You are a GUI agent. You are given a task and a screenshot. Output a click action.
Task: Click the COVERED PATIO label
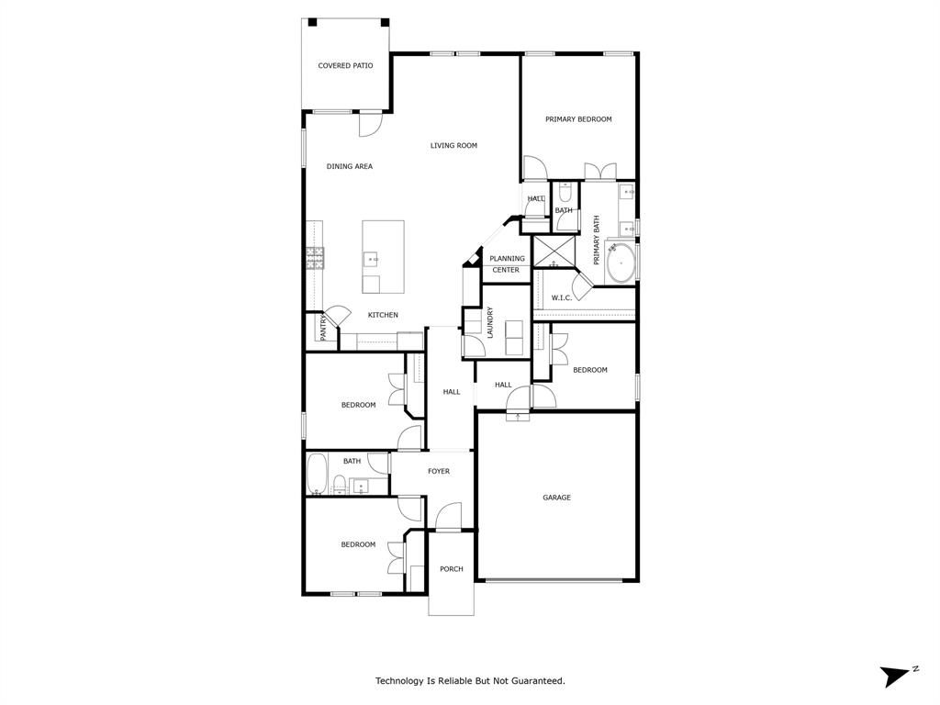[345, 66]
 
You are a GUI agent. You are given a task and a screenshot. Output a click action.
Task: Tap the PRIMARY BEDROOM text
[578, 119]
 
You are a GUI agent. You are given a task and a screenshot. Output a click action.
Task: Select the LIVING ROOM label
[453, 145]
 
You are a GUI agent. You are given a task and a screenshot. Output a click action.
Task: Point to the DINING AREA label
[350, 166]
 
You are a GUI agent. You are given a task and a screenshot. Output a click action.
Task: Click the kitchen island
[383, 256]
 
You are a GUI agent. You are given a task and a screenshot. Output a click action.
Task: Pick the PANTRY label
[323, 329]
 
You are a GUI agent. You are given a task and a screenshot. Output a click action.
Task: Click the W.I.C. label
[561, 297]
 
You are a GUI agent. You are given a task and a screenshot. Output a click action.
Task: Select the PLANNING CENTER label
[506, 264]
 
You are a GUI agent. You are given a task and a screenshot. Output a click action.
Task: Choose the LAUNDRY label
[490, 322]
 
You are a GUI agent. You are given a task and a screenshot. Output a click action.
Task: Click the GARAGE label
[556, 498]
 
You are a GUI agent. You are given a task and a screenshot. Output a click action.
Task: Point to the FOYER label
[439, 471]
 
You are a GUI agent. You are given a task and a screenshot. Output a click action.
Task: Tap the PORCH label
[451, 569]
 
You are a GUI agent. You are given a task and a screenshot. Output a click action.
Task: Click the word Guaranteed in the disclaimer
[538, 681]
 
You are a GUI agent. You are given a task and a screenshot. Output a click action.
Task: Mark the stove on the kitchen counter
[315, 258]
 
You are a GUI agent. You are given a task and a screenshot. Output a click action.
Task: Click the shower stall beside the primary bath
[554, 252]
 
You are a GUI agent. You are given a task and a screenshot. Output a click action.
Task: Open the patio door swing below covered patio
[370, 124]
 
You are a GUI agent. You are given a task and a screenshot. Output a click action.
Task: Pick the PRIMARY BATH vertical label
[596, 240]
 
